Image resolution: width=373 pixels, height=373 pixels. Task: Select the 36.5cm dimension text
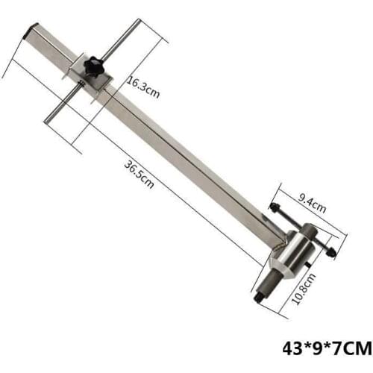click(140, 175)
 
